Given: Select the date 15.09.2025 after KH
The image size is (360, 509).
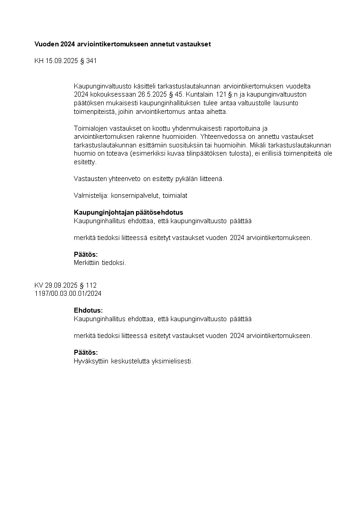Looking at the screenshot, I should coord(61,61).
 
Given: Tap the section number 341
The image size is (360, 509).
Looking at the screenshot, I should coord(91,61).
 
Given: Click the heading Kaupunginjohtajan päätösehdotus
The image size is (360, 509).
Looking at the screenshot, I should coord(128,213).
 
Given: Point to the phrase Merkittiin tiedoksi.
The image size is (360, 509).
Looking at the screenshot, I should coord(100,263).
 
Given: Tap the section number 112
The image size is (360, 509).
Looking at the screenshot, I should coord(91,285).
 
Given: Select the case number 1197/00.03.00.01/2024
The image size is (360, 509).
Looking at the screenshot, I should coord(68,294).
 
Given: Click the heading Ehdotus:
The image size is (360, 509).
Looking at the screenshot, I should coord(88,311).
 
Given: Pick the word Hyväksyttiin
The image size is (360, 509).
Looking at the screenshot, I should coord(91,361).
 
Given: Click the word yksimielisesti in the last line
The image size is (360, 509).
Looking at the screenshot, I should coord(174,361).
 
